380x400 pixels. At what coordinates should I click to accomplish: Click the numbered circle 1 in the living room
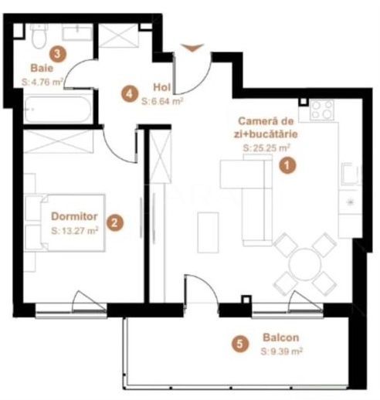coord(287,165)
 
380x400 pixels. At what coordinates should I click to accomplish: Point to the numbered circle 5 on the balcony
coord(243,344)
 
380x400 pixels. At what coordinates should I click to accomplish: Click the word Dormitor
coord(73,217)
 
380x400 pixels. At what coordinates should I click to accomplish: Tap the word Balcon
coord(280,337)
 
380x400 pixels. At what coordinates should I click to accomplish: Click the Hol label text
coord(161,87)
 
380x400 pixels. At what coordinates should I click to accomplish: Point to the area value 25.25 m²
coord(266,147)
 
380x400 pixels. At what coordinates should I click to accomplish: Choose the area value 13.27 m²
coord(75,230)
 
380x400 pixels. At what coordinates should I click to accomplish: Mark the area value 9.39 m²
coord(281,351)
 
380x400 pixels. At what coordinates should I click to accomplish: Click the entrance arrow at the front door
coord(193,49)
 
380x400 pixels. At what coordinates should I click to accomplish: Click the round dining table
coord(304,259)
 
